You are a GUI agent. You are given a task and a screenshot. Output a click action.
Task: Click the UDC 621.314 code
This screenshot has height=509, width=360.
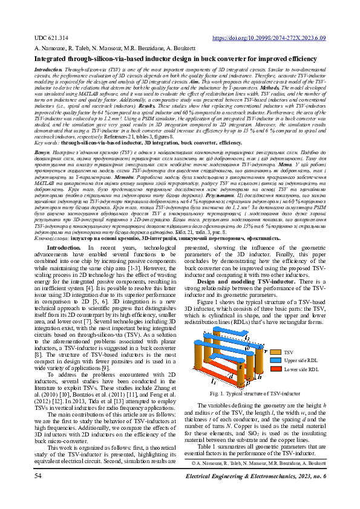tap(51, 37)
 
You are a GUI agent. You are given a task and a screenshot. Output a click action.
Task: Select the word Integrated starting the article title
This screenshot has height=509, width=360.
tap(51, 59)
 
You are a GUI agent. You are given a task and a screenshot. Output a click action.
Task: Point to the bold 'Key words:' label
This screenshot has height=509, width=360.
tap(47, 142)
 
